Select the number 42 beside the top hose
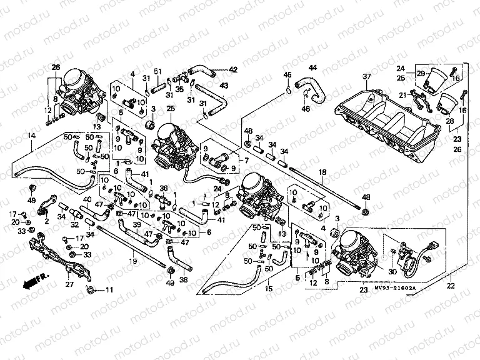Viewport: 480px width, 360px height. tap(233, 69)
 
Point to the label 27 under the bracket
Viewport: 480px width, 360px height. tap(69, 284)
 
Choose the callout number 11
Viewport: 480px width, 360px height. tap(110, 289)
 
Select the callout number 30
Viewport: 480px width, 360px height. tap(392, 272)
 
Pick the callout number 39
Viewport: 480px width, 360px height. tap(136, 224)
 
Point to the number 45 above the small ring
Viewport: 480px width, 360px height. tap(287, 75)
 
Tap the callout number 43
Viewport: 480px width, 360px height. tap(224, 85)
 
